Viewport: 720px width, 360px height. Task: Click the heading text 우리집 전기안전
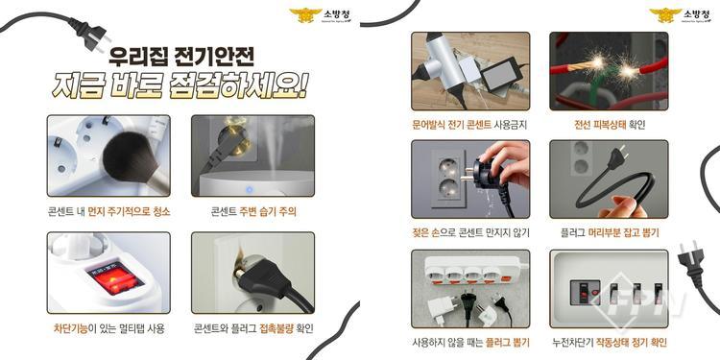[x=180, y=57]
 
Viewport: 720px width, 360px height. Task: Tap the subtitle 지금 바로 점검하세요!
[x=180, y=85]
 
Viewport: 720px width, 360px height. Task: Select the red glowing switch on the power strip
[x=115, y=276]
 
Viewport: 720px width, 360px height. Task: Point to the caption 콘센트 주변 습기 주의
[x=253, y=212]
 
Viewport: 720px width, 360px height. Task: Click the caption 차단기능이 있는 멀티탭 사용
[x=108, y=328]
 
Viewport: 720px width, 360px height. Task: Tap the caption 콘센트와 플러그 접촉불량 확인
[x=253, y=328]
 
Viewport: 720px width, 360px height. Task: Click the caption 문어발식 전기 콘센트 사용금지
[x=469, y=125]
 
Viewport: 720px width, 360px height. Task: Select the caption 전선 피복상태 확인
[x=610, y=125]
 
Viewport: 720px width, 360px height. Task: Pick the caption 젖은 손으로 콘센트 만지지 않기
[x=470, y=233]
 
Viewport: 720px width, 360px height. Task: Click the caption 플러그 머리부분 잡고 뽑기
[x=610, y=233]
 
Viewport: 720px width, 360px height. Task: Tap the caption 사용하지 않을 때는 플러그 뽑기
[x=470, y=342]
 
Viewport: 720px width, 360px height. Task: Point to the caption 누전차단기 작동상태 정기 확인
[x=610, y=342]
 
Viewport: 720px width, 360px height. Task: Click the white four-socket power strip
[x=473, y=272]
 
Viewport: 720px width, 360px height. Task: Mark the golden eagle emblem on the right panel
[x=664, y=14]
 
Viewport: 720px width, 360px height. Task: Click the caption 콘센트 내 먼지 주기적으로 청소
[x=108, y=212]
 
